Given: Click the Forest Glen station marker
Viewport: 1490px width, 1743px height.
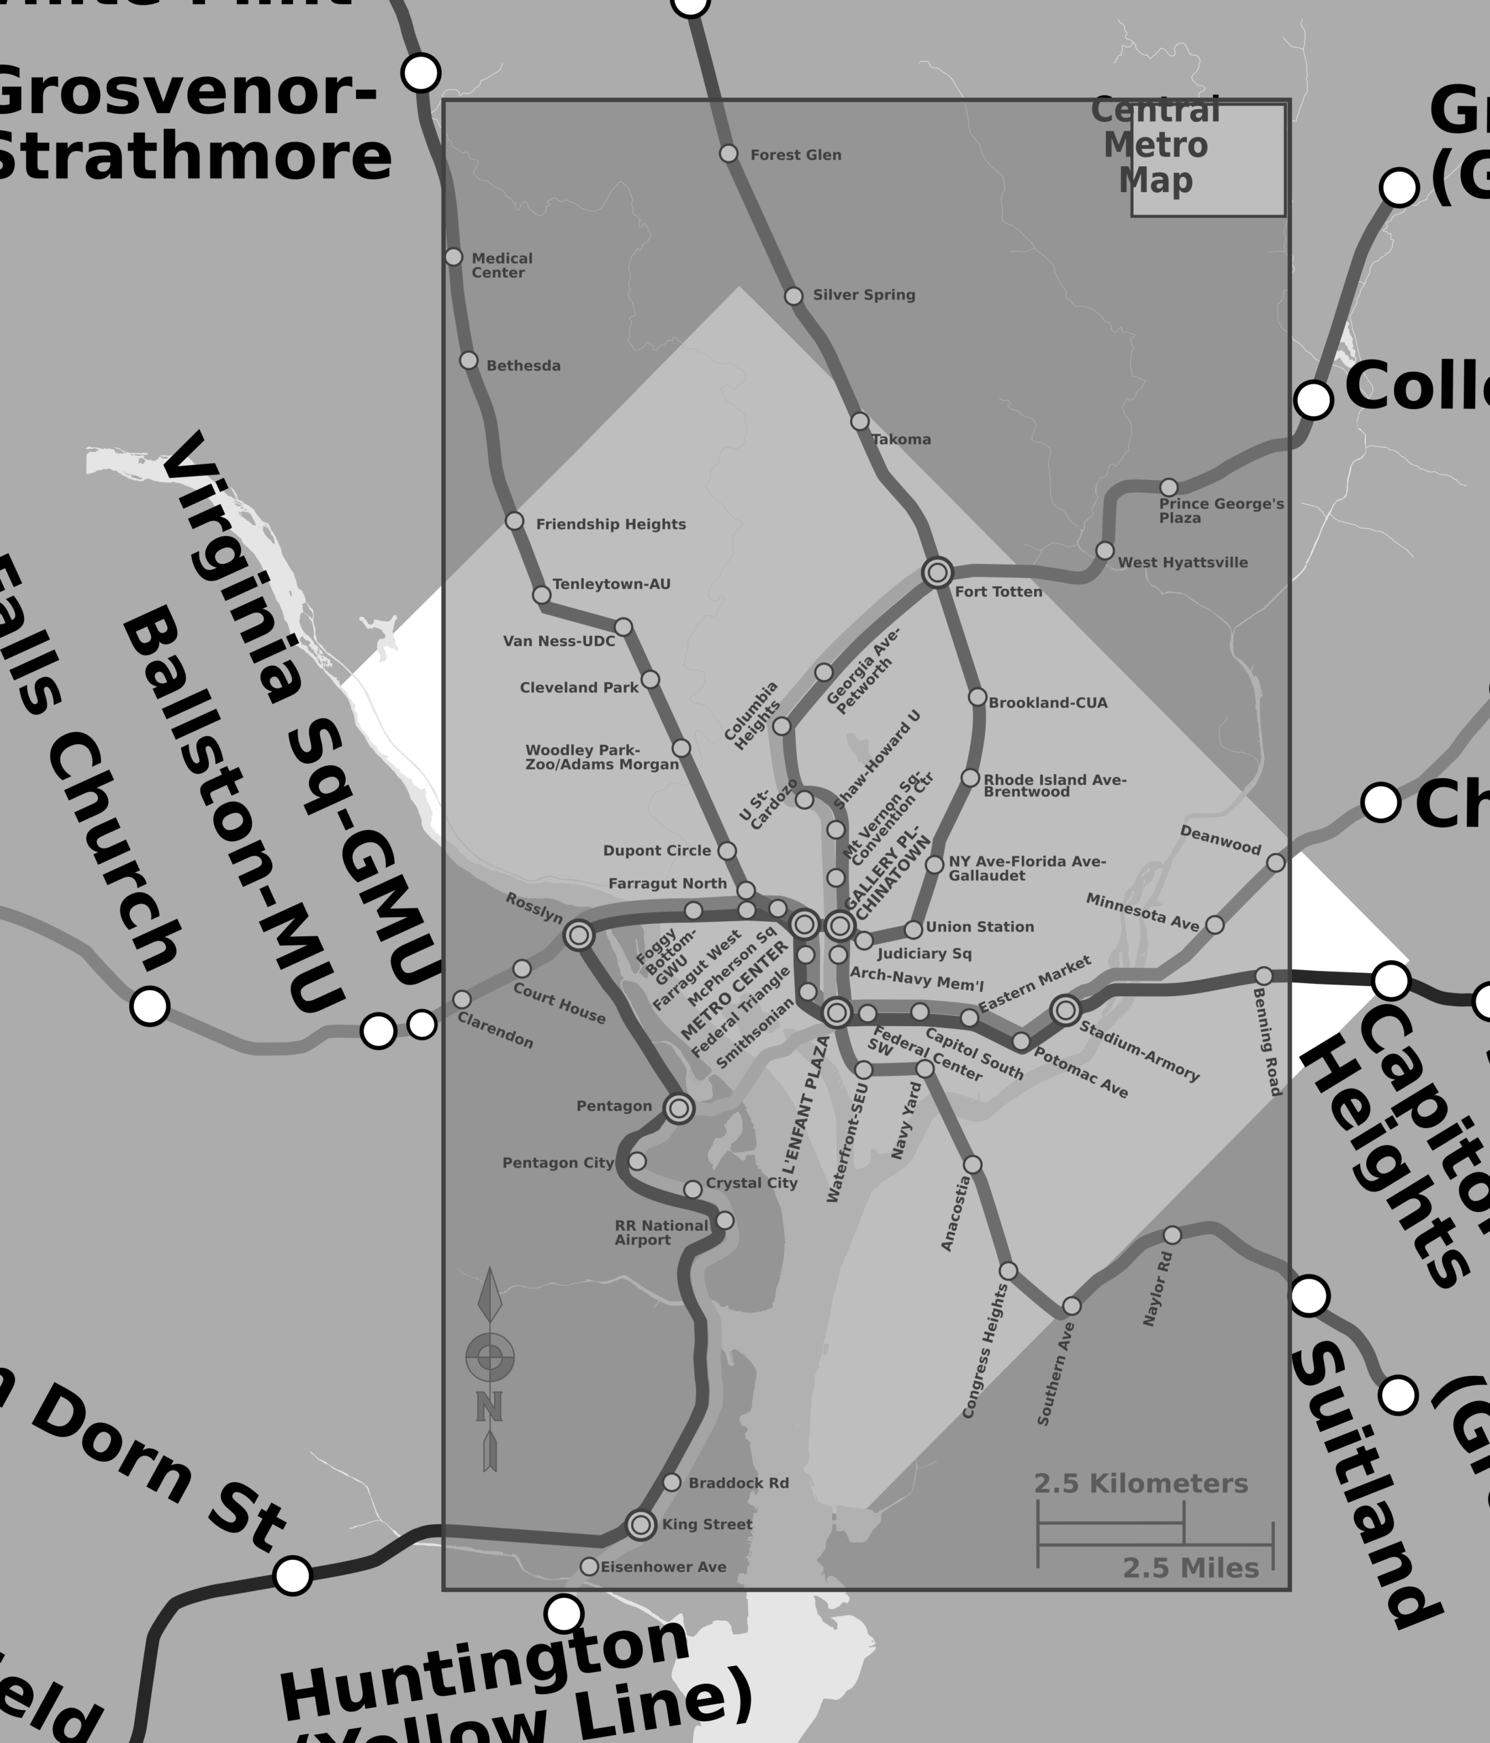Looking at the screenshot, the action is (729, 153).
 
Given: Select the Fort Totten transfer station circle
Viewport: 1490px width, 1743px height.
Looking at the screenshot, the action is (937, 573).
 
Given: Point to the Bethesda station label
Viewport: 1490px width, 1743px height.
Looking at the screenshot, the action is (523, 366).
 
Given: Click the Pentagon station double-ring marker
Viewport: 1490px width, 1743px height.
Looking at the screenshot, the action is (679, 1108).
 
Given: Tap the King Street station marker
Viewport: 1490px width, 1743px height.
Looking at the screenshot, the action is (641, 1524).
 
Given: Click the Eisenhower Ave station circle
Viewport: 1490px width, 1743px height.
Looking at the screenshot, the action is (589, 1567).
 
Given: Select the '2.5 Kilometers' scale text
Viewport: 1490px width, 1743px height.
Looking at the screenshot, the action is (1140, 1484).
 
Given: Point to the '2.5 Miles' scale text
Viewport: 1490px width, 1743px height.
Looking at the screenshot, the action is (1190, 1568).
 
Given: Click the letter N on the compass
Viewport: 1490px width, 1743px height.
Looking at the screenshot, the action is (489, 1406).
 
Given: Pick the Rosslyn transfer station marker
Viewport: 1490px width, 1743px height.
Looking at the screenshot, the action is (579, 936).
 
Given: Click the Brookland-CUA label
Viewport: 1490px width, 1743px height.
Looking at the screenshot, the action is (1048, 703).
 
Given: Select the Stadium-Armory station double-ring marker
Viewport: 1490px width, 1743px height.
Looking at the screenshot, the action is (1065, 1010).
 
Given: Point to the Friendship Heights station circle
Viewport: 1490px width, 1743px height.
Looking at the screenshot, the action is (515, 522).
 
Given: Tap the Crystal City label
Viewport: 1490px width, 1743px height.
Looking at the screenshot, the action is (751, 1183).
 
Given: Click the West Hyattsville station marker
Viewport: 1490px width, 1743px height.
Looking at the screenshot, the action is (1105, 550).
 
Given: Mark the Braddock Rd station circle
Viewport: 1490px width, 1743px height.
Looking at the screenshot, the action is (672, 1482).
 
